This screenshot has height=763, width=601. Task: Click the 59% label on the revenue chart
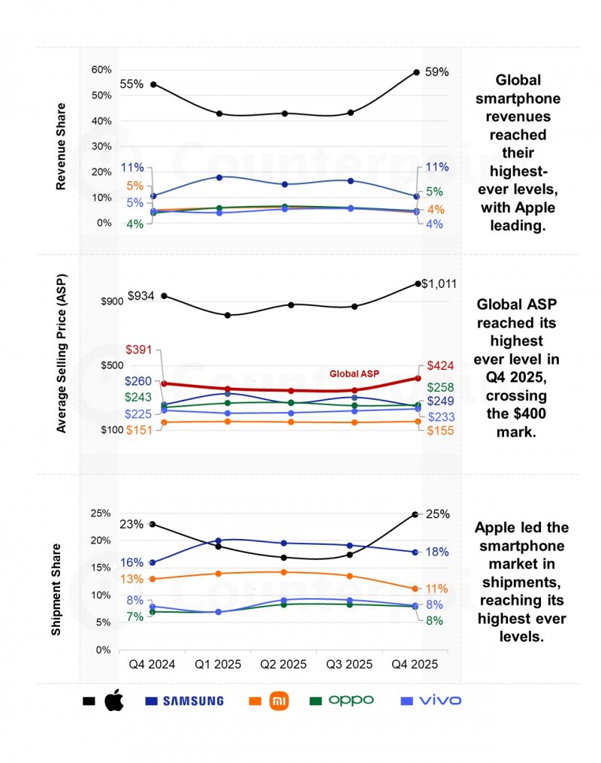tap(436, 72)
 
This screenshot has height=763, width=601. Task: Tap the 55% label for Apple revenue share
tap(131, 84)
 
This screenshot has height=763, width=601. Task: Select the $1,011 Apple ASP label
tap(439, 283)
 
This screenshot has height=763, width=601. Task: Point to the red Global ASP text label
tap(355, 374)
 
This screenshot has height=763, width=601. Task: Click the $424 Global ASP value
tap(440, 365)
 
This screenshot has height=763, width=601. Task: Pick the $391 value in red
tap(139, 350)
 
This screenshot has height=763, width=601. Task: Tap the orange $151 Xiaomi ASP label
tap(139, 429)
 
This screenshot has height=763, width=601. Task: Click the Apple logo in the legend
tap(113, 701)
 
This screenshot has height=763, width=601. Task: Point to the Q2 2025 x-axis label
tap(283, 665)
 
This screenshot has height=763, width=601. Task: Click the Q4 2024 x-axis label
tap(153, 665)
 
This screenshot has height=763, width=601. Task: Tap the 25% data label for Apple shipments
tap(438, 514)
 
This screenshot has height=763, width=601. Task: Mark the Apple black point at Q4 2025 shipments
tap(415, 514)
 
